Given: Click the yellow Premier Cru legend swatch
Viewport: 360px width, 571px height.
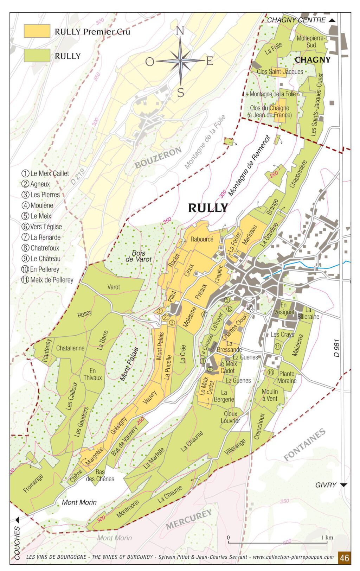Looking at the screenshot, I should tap(37, 31).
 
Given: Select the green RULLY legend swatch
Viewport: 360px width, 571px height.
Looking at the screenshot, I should tap(37, 56).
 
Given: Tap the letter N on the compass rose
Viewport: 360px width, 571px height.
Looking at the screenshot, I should tap(180, 31).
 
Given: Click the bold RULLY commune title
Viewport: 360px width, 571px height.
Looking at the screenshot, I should tap(208, 208).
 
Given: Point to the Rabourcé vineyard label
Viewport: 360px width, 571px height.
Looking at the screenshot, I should tap(202, 239).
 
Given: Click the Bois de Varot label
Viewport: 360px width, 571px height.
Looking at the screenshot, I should tap(139, 256).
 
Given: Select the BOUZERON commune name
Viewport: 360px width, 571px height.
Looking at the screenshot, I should tap(158, 158).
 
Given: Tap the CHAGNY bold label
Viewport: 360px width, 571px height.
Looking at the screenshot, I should tap(313, 59).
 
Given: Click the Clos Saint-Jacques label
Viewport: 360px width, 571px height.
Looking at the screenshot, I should tap(280, 71).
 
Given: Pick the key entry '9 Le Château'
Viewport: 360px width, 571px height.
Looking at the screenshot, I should tap(41, 259).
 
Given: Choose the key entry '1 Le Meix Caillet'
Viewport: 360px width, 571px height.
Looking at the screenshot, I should tap(45, 173).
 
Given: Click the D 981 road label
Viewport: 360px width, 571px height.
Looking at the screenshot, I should tap(337, 348).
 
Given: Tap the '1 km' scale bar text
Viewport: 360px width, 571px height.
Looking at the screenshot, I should tap(327, 538).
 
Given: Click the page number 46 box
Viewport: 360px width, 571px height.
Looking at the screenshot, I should tap(344, 558).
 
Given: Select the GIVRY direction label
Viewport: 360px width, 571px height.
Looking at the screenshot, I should tap(326, 485).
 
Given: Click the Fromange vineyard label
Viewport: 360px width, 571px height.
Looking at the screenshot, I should tap(33, 483).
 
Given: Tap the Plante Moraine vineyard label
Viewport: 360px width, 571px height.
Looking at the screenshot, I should tap(287, 377).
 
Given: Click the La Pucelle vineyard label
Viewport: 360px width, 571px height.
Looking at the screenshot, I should tap(168, 367).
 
